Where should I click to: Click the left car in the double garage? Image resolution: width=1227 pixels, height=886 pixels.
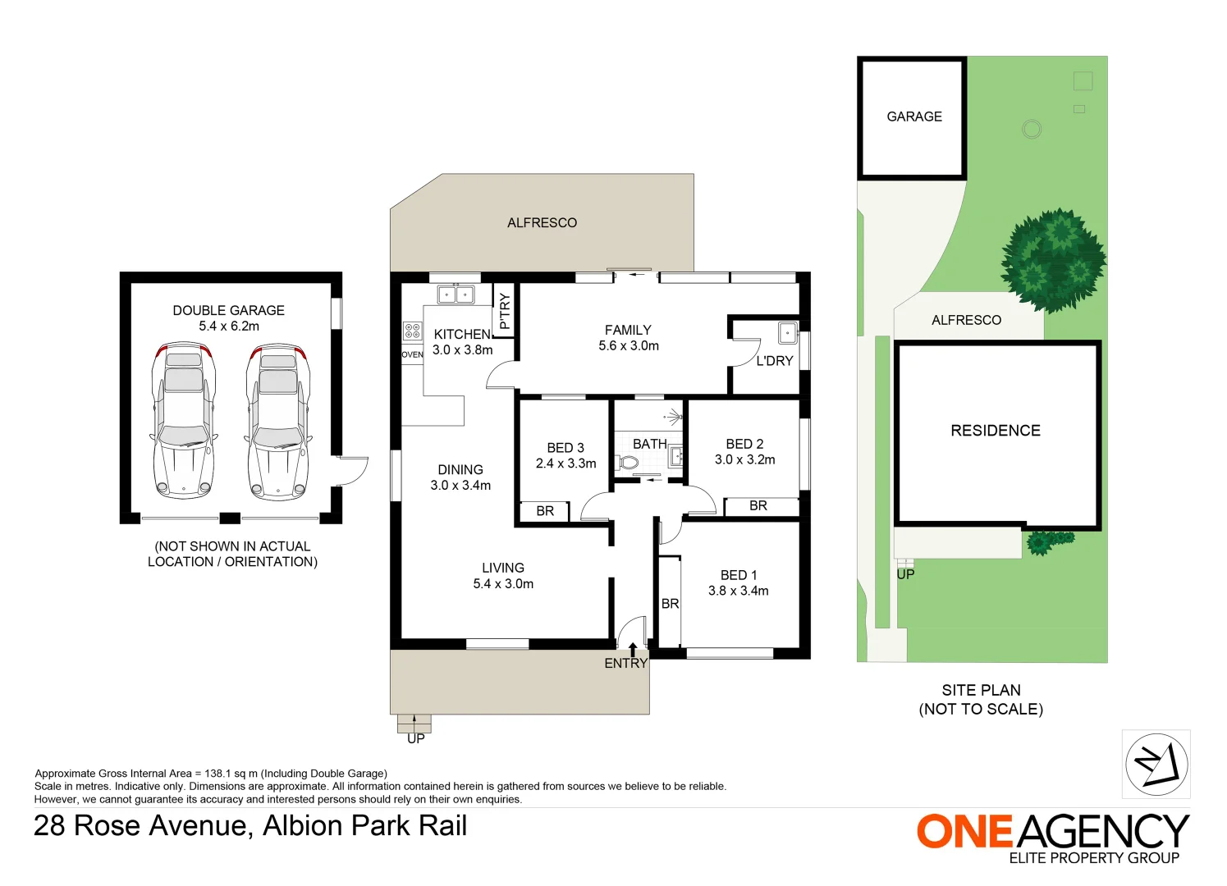(184, 422)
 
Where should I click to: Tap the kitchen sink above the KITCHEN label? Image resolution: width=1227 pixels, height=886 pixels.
(456, 294)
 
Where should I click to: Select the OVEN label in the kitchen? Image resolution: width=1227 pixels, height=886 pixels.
(412, 354)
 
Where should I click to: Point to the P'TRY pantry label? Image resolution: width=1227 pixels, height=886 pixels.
(504, 311)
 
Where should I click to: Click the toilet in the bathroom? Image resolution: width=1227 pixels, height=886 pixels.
(628, 463)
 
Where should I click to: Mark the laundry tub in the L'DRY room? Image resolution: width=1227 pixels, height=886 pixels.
(787, 333)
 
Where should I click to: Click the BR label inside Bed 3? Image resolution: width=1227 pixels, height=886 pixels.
(545, 511)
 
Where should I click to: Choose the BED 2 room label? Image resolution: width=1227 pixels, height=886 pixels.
(744, 444)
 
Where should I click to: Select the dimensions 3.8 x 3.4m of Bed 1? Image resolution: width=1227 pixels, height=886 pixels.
(738, 591)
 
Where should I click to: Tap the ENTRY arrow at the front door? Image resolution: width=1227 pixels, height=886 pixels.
(632, 651)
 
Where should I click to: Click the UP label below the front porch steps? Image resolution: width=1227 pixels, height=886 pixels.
(416, 738)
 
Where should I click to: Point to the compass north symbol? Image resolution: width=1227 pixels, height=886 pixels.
(1156, 765)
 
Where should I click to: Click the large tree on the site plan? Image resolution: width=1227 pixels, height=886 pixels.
(1054, 260)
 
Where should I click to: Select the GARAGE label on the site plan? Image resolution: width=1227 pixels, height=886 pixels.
(914, 116)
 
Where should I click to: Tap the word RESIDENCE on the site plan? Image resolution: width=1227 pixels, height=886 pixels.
(995, 431)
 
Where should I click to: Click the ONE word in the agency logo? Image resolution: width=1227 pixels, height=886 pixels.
(964, 831)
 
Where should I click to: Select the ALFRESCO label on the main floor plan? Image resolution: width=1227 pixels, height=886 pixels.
(542, 222)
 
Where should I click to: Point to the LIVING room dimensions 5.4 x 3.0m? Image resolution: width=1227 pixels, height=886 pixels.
(503, 584)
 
